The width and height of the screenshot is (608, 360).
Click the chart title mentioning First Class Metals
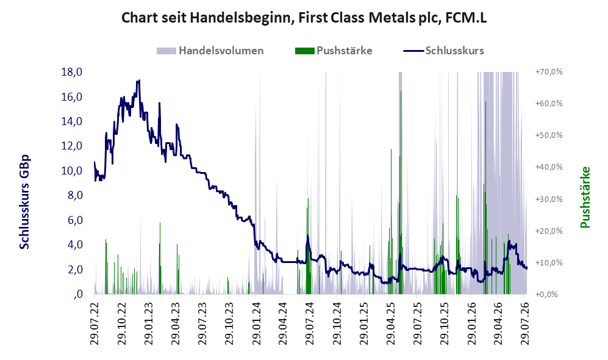click(x=304, y=18)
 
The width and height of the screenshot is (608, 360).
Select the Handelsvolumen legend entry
click(x=210, y=51)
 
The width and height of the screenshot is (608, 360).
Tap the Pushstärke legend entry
click(x=334, y=51)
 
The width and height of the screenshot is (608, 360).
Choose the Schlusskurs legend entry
click(x=443, y=51)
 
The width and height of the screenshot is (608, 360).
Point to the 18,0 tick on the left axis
click(x=72, y=72)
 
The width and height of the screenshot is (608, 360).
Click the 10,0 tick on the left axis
click(x=72, y=171)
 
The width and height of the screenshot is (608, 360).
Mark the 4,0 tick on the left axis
click(x=75, y=245)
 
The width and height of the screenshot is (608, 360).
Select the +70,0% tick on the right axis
click(x=549, y=72)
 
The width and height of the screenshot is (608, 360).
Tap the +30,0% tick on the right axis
click(x=549, y=199)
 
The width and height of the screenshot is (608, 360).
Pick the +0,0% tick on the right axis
click(x=547, y=295)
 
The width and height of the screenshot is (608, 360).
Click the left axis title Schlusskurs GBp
click(x=24, y=202)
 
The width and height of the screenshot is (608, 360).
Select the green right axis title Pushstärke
click(x=585, y=197)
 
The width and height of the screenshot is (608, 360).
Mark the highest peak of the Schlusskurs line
click(x=139, y=81)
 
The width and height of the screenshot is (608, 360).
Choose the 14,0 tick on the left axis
click(x=72, y=121)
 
